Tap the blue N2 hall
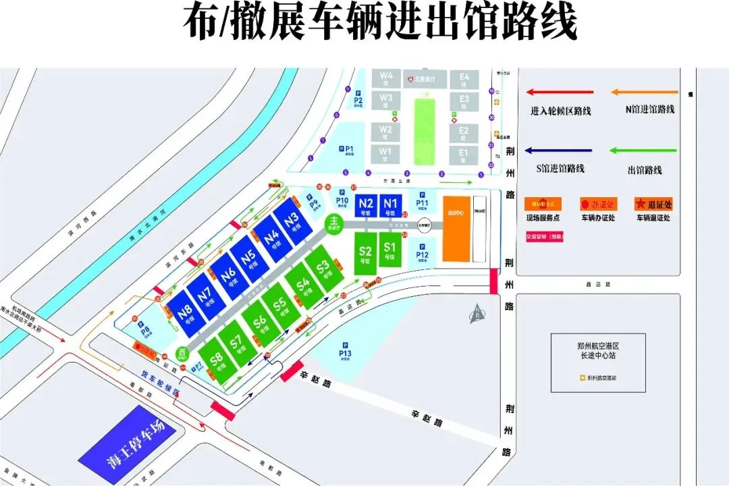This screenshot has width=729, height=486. point(367,205)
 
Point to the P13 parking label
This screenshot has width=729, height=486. point(346,352)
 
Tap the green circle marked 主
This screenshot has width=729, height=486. point(333,222)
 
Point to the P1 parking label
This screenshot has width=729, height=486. point(349,151)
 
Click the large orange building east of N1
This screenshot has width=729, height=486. point(456,229)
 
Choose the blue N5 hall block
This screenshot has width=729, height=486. point(247,260)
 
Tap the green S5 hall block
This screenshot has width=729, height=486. point(278,306)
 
